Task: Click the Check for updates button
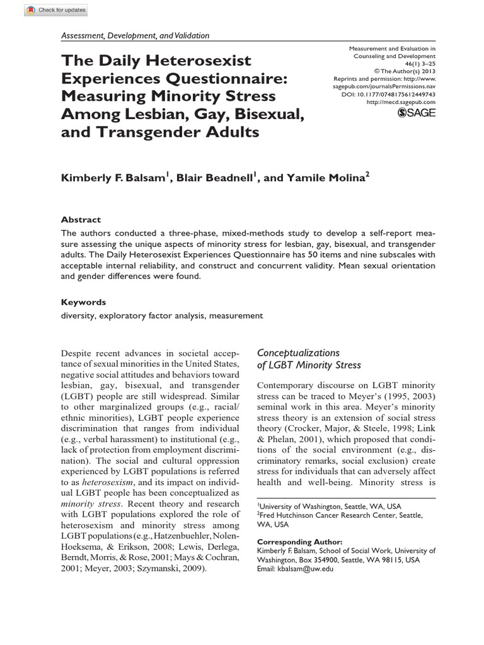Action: click(45, 9)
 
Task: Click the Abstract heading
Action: click(80, 220)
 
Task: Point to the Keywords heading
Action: click(83, 302)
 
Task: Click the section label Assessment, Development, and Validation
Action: click(135, 37)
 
